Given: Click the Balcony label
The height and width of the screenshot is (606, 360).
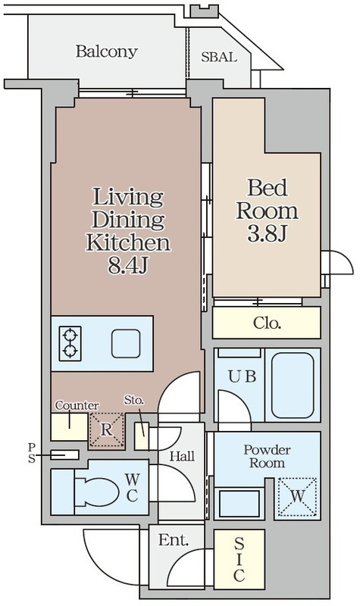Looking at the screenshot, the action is (107, 52).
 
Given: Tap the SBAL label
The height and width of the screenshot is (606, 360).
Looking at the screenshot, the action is (219, 58).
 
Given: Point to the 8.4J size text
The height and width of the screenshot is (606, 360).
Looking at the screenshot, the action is (128, 266).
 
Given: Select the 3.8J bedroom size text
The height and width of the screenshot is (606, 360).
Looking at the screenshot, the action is (267, 233).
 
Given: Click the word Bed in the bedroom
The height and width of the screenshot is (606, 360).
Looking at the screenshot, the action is (268, 188).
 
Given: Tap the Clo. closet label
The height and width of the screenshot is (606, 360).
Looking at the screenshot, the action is (267, 323).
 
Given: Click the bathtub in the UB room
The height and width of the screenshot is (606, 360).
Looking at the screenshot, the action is (293, 385).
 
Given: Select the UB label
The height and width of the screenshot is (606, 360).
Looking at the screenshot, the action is (242, 376).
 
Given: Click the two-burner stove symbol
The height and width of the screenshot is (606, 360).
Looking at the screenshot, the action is (70, 344).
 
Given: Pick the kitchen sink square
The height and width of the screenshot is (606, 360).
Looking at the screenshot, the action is (126, 344).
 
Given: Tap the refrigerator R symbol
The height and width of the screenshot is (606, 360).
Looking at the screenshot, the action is (107, 430).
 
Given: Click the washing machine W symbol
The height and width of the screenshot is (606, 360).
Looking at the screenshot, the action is (297, 497).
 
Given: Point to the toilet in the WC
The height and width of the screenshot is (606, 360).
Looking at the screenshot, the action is (96, 492).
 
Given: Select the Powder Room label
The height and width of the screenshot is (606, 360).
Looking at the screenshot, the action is (267, 457).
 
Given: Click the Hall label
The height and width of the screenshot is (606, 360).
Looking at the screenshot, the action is (182, 457).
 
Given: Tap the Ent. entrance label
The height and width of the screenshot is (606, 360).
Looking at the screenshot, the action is (174, 540).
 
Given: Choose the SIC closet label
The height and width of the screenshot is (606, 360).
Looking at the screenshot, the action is (239, 560).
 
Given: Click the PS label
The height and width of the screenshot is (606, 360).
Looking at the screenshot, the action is (31, 453).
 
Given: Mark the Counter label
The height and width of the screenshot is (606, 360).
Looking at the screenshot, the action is (77, 405).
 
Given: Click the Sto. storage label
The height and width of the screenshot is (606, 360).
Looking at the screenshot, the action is (134, 400).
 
